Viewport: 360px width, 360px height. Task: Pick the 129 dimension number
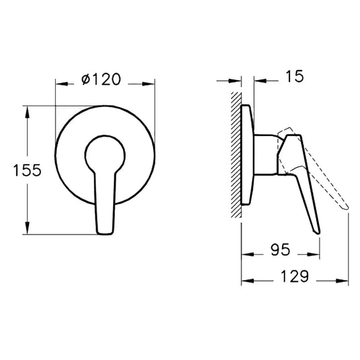[294, 276]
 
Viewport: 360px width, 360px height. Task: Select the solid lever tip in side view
[316, 231]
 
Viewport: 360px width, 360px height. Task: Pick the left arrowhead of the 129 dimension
[245, 279]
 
